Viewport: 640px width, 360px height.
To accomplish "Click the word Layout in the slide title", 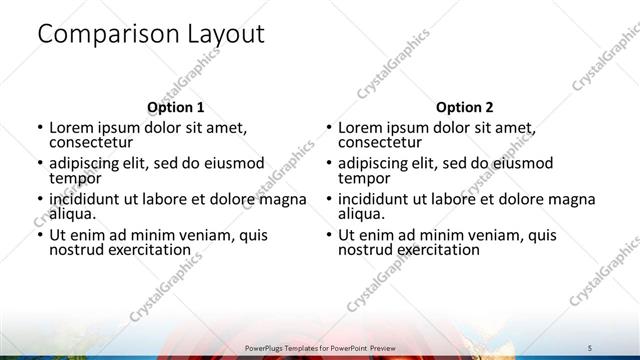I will pyautogui.click(x=226, y=35).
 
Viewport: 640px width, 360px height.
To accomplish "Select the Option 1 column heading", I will pyautogui.click(x=176, y=107).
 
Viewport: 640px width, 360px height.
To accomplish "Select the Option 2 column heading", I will pyautogui.click(x=464, y=107).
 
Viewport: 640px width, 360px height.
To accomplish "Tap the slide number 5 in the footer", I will pyautogui.click(x=590, y=347).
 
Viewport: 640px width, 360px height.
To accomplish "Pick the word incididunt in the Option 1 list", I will pyautogui.click(x=89, y=199).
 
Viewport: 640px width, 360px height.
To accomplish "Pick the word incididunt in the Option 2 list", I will pyautogui.click(x=377, y=199).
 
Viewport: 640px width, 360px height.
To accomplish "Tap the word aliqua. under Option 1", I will pyautogui.click(x=72, y=214).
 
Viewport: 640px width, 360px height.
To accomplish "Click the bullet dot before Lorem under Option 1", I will pyautogui.click(x=39, y=128).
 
